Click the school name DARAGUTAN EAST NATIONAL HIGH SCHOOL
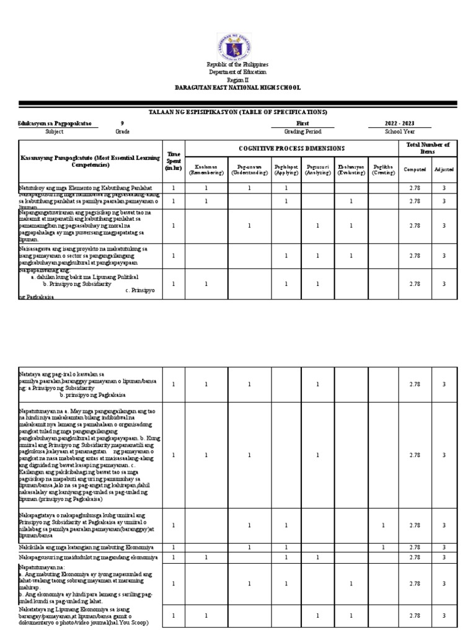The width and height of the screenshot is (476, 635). [x=238, y=88]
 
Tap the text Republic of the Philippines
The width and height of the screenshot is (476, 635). [x=238, y=65]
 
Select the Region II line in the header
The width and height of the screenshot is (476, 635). [x=238, y=80]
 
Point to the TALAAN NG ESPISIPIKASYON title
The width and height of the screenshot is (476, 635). [x=238, y=112]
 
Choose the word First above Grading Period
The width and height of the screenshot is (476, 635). [x=302, y=123]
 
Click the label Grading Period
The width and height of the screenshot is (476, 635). [x=302, y=131]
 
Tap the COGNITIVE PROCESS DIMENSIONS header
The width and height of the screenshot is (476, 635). [x=291, y=148]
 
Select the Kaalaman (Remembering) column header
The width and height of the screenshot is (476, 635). [x=206, y=169]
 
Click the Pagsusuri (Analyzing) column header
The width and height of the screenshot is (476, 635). [x=317, y=169]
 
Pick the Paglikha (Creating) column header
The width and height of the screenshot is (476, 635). [x=384, y=169]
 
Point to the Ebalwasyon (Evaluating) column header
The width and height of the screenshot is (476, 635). [x=350, y=169]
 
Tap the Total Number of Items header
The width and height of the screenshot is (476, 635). [x=428, y=148]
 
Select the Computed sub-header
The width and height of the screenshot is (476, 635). [x=415, y=169]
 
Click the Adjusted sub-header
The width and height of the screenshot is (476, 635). [x=444, y=169]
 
